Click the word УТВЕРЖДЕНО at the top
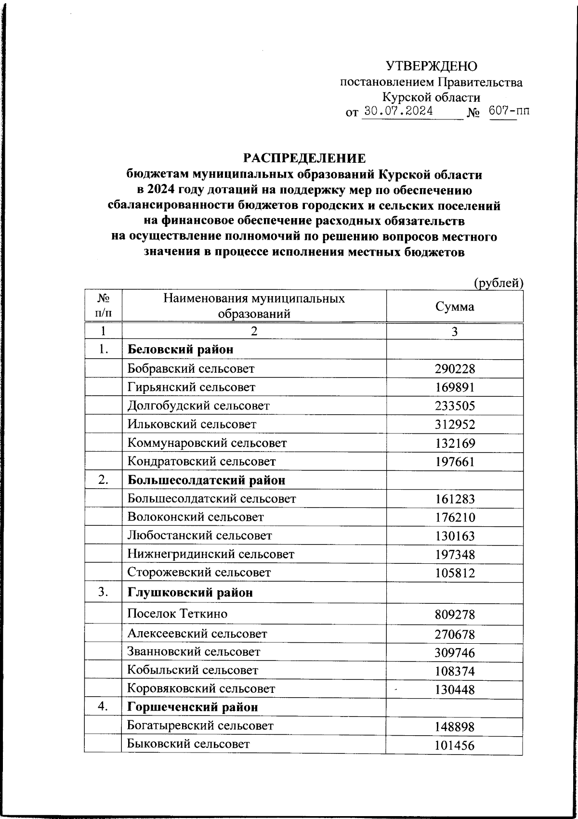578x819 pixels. (432, 66)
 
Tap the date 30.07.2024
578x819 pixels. (398, 112)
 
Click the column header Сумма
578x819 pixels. (454, 307)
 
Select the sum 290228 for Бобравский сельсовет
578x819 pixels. (454, 369)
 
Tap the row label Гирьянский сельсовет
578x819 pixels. (191, 387)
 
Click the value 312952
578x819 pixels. (454, 425)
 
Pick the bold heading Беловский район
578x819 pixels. (180, 350)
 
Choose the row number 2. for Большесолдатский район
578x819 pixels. (102, 480)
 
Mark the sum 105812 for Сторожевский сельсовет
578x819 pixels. (454, 573)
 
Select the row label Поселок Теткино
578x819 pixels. (177, 614)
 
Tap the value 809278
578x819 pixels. (454, 615)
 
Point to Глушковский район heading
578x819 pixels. (190, 593)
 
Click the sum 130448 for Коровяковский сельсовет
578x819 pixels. (454, 690)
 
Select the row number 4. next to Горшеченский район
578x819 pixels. (102, 707)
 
